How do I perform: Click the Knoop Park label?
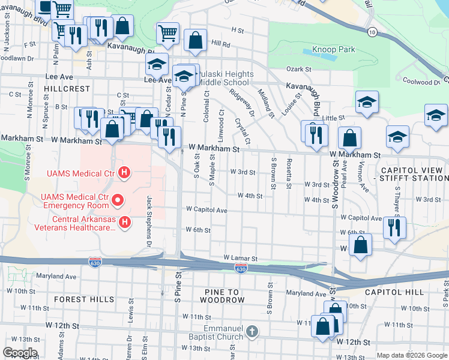[333, 49]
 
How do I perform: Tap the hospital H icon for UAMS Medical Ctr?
[124, 174]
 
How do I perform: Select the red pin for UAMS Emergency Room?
[118, 199]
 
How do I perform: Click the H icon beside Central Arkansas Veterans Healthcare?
[125, 223]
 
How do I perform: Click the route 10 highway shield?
[373, 31]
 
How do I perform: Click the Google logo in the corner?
[20, 353]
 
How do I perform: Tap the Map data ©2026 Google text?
[412, 355]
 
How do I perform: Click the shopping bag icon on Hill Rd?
[196, 41]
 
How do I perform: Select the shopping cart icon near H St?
[167, 34]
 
